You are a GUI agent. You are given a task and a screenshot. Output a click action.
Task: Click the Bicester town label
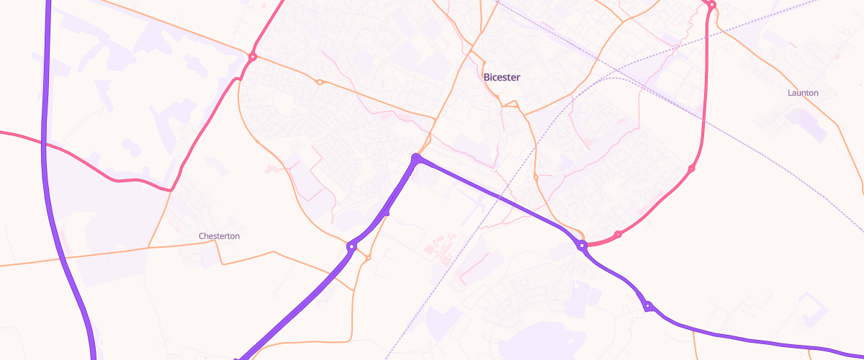point(502,77)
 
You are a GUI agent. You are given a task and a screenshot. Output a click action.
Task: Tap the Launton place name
point(804,93)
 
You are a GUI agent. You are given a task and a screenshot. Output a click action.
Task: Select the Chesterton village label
point(219,236)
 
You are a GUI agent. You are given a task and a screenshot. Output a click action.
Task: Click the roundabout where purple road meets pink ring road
point(582,246)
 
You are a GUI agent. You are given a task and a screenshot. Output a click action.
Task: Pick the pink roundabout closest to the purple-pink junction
point(618,234)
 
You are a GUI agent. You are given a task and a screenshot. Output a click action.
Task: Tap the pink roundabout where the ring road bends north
point(691,168)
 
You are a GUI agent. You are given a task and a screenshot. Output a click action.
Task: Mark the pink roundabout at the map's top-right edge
point(711,5)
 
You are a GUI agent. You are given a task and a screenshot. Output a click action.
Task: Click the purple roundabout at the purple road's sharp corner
point(416,158)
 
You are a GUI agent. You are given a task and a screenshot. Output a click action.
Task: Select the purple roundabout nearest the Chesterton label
point(351,247)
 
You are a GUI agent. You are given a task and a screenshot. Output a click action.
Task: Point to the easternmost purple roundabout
point(648,306)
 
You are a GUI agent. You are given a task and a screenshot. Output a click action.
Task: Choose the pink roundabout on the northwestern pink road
point(253,57)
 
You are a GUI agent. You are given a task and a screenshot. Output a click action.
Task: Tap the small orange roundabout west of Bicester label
point(320,82)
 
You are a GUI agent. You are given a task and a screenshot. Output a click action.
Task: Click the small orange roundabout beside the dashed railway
point(536,176)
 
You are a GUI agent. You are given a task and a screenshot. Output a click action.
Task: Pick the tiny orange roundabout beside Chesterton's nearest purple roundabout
point(368,257)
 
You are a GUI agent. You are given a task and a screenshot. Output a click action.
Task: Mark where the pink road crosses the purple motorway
point(45,144)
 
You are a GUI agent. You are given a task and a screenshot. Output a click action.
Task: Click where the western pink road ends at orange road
point(171,190)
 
